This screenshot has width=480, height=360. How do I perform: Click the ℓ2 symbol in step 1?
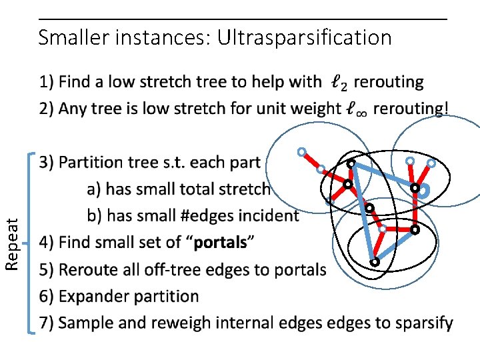[339, 83]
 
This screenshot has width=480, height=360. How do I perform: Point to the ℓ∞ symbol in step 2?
[357, 109]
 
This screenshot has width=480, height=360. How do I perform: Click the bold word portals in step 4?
[220, 243]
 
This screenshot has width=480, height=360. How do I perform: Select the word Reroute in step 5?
[87, 270]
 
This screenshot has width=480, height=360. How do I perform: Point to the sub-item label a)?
[94, 189]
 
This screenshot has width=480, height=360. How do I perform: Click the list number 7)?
[46, 323]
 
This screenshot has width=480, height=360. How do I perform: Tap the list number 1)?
[46, 83]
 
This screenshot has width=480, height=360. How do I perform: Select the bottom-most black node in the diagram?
[375, 263]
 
